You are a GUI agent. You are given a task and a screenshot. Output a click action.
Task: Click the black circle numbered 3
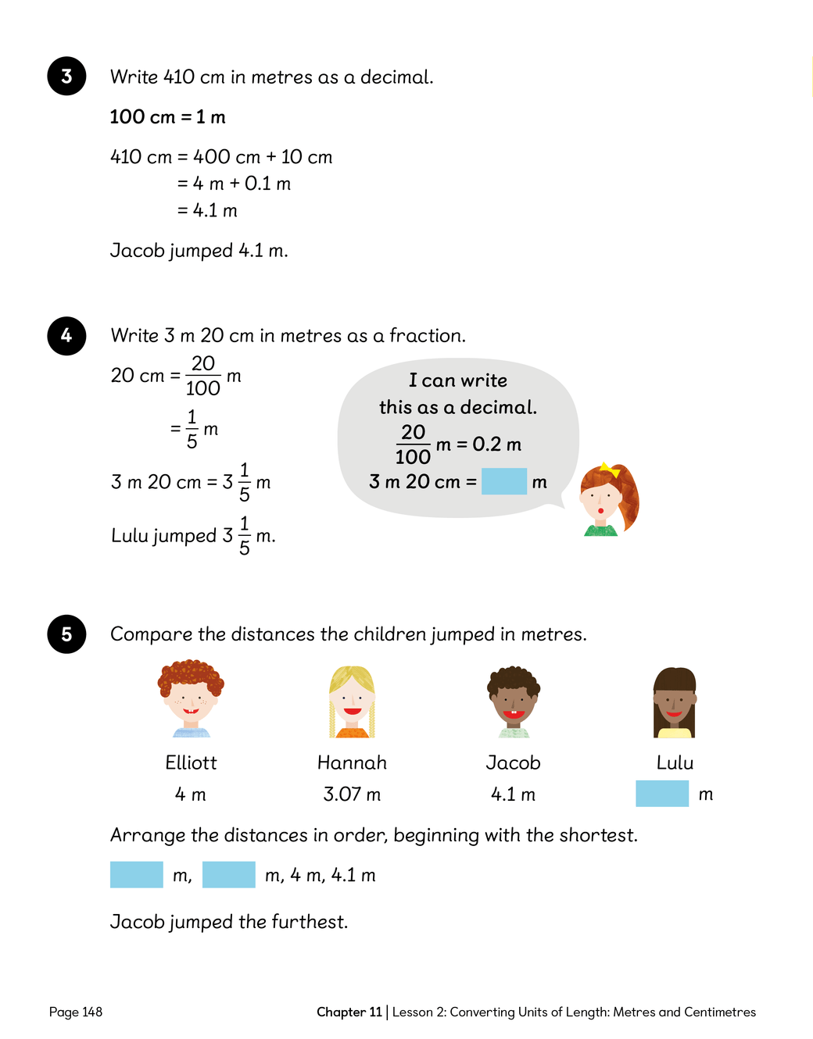[x=66, y=76]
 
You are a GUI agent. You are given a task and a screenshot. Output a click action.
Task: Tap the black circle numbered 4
[x=66, y=335]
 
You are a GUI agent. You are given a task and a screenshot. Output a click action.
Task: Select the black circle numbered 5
[x=66, y=634]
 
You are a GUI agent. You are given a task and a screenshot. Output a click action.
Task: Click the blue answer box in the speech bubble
[x=504, y=481]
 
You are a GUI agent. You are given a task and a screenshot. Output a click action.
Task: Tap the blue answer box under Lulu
[x=662, y=794]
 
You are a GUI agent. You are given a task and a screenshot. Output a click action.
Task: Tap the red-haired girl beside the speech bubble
[x=609, y=500]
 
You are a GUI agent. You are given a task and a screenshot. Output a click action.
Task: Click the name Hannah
[x=352, y=762]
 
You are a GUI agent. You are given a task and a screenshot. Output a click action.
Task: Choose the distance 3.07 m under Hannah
[x=352, y=794]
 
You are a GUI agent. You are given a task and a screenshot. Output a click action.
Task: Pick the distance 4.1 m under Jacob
[x=513, y=794]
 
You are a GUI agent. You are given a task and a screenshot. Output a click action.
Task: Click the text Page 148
[x=76, y=1012]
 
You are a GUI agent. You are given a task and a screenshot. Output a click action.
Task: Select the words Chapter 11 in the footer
[x=349, y=1012]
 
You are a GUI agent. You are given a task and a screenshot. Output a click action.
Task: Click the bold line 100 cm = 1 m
[x=167, y=117]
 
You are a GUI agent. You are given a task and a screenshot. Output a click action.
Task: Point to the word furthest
[x=308, y=922]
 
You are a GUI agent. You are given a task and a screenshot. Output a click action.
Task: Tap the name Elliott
[x=191, y=762]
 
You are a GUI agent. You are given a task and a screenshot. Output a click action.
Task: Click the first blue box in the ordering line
[x=137, y=875]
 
